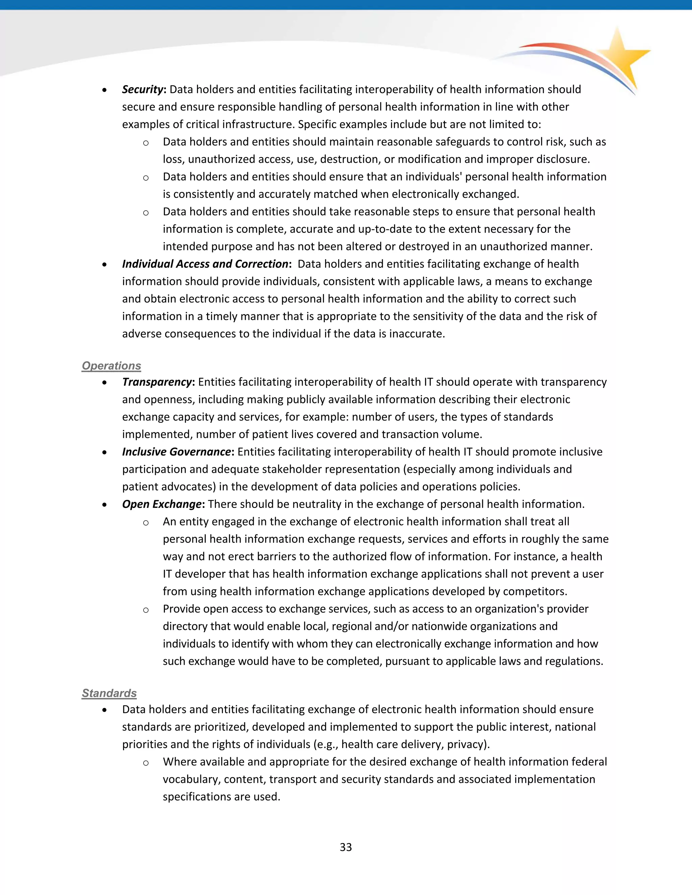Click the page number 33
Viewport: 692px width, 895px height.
tap(346, 847)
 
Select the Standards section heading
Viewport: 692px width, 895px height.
tap(109, 693)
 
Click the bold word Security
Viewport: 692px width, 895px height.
tap(143, 89)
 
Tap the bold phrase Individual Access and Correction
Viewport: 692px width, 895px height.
tap(205, 264)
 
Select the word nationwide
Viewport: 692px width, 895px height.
tap(439, 626)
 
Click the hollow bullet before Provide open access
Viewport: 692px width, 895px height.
tap(146, 610)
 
